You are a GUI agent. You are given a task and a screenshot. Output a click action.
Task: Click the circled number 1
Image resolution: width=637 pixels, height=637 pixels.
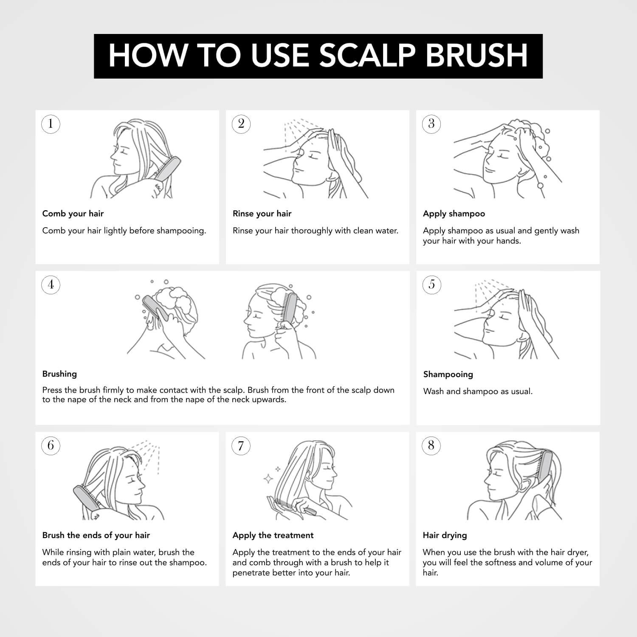point(51,124)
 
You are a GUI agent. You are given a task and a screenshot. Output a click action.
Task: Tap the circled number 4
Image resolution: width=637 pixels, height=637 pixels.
point(51,285)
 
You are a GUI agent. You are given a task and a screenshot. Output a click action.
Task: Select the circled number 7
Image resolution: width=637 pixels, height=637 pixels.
point(241,445)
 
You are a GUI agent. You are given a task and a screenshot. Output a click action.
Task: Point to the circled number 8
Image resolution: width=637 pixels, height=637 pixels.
point(431,445)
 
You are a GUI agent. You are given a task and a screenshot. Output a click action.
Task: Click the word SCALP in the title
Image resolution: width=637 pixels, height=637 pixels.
point(367,56)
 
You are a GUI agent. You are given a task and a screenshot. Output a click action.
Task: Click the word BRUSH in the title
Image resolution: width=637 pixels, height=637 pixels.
point(476,56)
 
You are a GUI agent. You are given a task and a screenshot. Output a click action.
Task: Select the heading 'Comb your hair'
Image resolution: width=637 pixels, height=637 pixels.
point(73,214)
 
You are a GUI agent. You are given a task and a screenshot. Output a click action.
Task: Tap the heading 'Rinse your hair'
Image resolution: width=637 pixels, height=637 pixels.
point(262,214)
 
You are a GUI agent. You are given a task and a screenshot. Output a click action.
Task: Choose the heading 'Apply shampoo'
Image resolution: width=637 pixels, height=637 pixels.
point(454,214)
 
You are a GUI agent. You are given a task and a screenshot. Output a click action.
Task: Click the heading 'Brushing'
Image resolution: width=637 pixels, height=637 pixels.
point(59,374)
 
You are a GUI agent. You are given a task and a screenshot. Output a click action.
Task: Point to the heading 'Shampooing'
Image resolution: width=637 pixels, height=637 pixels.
point(448,375)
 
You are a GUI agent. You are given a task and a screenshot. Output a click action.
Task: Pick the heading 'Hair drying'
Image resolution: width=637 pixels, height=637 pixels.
point(445,536)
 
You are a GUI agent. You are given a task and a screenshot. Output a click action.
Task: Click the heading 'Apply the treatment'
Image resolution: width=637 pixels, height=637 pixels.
point(273,536)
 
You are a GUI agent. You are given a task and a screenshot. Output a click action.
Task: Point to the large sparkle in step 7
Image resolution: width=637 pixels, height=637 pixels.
point(268,479)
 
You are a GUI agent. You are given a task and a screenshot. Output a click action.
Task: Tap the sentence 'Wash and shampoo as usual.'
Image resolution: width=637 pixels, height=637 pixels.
point(478,392)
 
